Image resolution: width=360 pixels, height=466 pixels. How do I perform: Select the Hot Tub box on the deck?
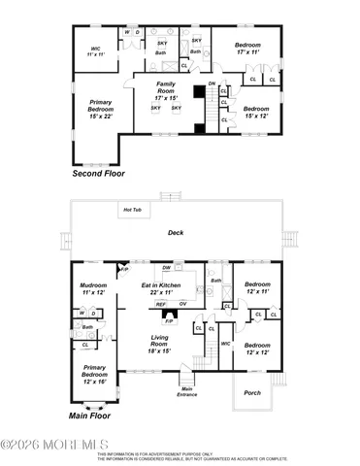(132, 210)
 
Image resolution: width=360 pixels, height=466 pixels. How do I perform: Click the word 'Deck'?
(176, 233)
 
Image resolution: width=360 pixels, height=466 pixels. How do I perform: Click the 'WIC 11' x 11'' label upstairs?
(96, 51)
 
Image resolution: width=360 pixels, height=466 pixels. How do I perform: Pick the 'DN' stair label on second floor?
(213, 84)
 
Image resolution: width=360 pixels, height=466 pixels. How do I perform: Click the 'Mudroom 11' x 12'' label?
(93, 288)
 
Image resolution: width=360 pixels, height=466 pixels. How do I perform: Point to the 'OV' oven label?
(182, 304)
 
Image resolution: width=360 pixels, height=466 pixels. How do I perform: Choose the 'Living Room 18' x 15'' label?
(159, 341)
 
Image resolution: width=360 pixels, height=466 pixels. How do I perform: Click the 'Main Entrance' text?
(187, 391)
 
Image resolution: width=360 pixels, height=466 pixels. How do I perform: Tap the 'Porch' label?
(253, 392)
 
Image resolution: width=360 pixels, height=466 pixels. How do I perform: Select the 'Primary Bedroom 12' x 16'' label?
(94, 372)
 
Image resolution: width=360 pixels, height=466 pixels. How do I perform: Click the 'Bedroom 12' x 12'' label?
(256, 349)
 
